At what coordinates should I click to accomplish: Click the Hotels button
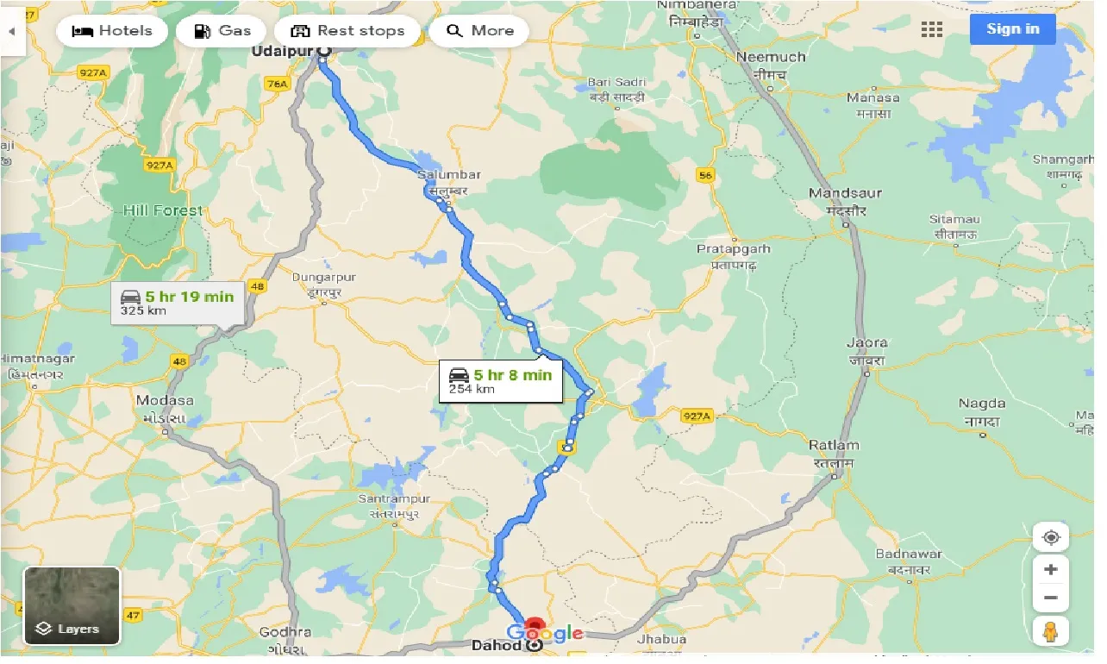point(112,31)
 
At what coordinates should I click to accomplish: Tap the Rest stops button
point(347,31)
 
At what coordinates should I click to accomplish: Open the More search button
point(480,31)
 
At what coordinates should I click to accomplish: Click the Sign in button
point(1012,29)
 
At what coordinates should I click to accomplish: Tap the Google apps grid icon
point(931,30)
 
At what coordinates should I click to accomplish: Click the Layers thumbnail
point(72,605)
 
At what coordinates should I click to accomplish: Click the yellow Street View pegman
point(1050,632)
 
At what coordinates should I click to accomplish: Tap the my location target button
point(1050,538)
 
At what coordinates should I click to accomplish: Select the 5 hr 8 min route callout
point(501,380)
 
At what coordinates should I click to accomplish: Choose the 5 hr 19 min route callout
point(178,302)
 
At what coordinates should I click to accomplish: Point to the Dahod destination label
point(496,645)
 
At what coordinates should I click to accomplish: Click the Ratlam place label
point(834,446)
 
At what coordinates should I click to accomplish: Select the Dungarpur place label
point(323,278)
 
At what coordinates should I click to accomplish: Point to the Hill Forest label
point(162,210)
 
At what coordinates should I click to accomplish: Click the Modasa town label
point(165,401)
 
